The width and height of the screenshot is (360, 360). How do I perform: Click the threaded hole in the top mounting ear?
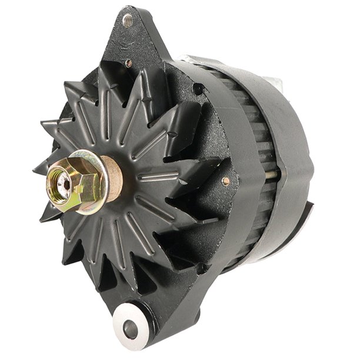coord(126,22)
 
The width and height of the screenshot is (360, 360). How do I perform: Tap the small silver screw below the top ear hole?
coord(129,62)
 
